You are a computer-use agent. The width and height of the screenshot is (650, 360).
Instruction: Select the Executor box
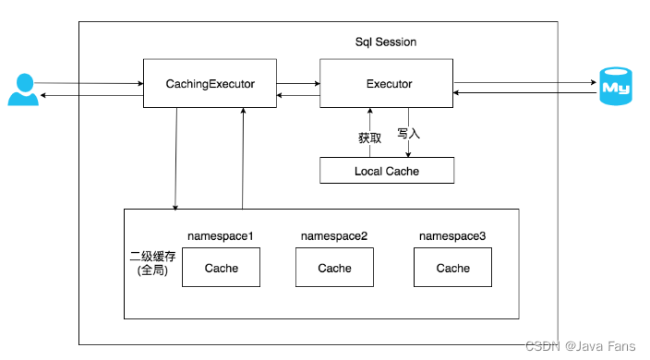tap(385, 84)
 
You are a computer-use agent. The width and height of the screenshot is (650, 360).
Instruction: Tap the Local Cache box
tap(386, 171)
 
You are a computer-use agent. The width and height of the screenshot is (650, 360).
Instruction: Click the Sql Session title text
tap(386, 42)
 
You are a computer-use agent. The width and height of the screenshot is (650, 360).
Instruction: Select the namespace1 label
tap(221, 236)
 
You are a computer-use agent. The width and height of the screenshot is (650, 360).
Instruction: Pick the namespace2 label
tap(334, 236)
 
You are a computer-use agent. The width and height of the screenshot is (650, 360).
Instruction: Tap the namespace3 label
tap(452, 236)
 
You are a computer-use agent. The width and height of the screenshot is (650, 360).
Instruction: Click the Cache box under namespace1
tap(221, 268)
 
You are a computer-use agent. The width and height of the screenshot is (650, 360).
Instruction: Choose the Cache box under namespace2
tap(334, 268)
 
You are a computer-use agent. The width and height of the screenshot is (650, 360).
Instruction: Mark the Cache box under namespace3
tap(452, 268)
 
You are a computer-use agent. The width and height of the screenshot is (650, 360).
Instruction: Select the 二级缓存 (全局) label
tap(152, 263)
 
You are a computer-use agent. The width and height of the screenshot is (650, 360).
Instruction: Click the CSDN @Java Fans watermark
tap(580, 346)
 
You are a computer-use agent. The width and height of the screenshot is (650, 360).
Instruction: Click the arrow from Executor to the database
tap(524, 82)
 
